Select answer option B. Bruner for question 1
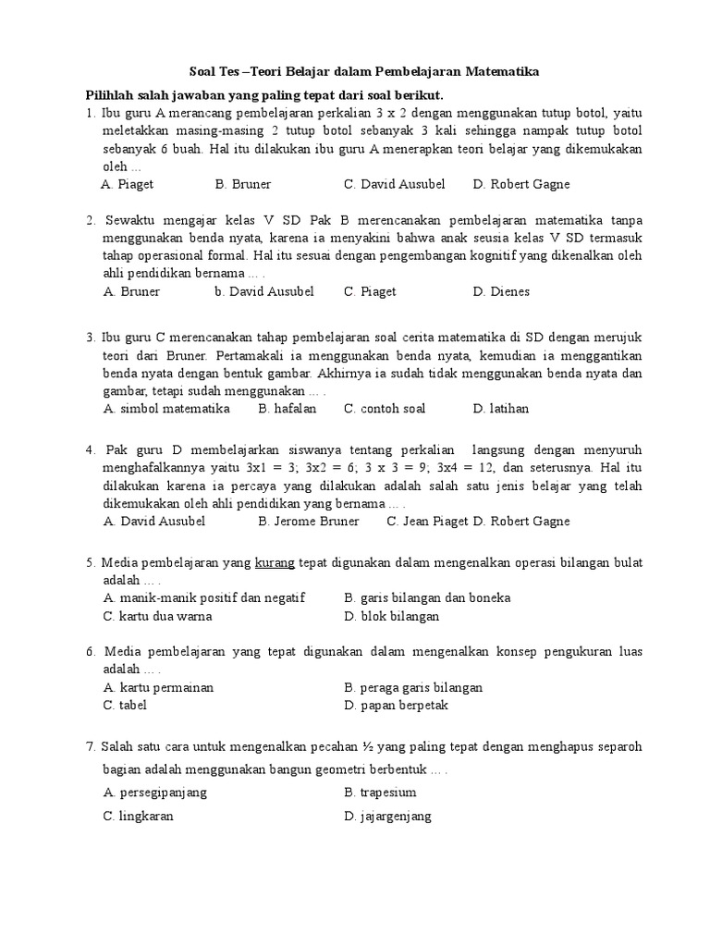[243, 184]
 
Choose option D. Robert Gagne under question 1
[521, 184]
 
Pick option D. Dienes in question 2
[501, 291]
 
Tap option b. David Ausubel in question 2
[264, 291]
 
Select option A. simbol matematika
[166, 408]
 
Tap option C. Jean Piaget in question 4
[428, 521]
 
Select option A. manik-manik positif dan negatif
[204, 597]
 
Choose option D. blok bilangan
[391, 616]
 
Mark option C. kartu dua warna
[158, 616]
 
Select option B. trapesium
[380, 793]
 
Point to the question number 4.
[90, 449]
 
